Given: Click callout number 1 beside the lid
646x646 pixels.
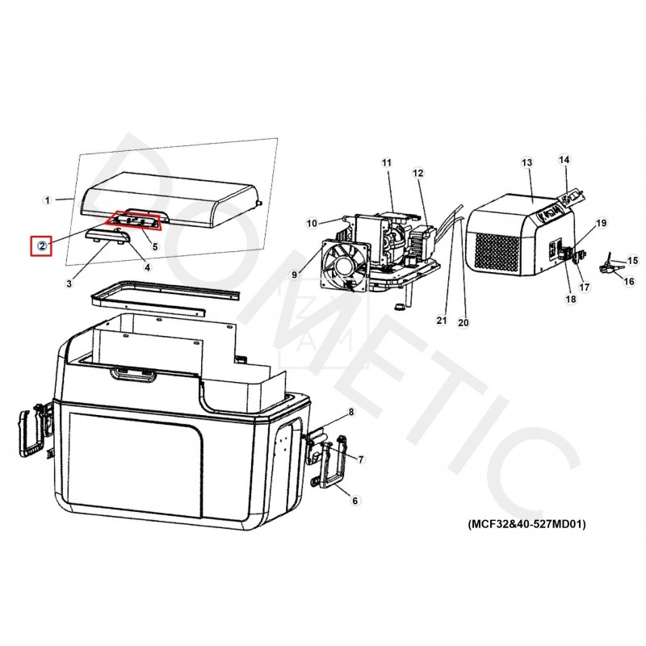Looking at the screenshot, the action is pyautogui.click(x=48, y=200).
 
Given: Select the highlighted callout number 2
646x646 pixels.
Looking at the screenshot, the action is pyautogui.click(x=42, y=246).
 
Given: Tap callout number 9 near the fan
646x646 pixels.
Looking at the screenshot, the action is pyautogui.click(x=294, y=275).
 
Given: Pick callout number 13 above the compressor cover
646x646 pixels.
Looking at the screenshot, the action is pyautogui.click(x=527, y=163).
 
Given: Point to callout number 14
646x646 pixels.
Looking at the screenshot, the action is pyautogui.click(x=564, y=159).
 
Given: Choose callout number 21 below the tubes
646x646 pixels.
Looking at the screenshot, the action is pyautogui.click(x=442, y=320).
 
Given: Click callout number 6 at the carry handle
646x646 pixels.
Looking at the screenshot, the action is pyautogui.click(x=355, y=501).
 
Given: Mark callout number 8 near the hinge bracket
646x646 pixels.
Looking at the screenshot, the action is pyautogui.click(x=351, y=412).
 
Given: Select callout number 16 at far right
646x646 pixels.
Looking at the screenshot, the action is pyautogui.click(x=629, y=281).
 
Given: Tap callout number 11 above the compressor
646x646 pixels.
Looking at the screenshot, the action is pyautogui.click(x=387, y=163).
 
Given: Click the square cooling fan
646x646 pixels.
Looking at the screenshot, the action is pyautogui.click(x=346, y=267).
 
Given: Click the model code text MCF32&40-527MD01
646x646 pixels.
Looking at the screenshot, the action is pyautogui.click(x=526, y=524).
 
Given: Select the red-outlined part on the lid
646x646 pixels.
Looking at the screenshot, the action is pyautogui.click(x=132, y=220).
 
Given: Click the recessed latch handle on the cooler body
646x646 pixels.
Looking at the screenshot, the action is pyautogui.click(x=132, y=375).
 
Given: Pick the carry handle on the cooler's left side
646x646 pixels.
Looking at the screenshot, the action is pyautogui.click(x=34, y=430).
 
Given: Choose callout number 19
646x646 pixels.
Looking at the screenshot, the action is pyautogui.click(x=601, y=223).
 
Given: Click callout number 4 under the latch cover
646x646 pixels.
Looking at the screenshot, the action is pyautogui.click(x=147, y=267).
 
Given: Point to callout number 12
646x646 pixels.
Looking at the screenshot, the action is pyautogui.click(x=417, y=173).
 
